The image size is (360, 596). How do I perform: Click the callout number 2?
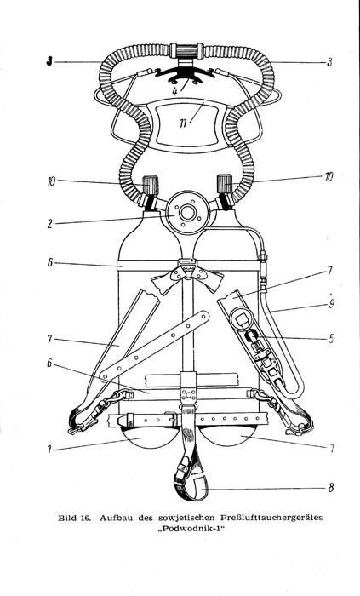coord(49,223)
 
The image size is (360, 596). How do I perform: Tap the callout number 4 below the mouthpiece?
coord(174,91)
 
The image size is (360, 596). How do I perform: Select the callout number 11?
coord(184,124)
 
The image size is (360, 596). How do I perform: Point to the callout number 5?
coord(331,338)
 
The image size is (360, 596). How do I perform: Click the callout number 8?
coord(331,488)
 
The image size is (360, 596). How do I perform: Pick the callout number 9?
coord(332,305)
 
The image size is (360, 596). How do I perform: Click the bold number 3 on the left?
coord(49,61)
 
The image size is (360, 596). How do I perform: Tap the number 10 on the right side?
coord(329,177)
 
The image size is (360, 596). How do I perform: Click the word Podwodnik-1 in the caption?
coord(196,529)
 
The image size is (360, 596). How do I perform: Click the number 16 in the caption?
coord(85,518)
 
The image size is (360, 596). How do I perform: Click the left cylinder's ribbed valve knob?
coord(150,185)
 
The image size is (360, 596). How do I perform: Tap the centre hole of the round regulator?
coord(187,213)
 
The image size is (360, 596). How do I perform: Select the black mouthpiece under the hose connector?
coord(185,75)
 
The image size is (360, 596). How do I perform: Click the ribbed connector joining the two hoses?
coord(187,51)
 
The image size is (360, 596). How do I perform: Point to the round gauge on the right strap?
coord(240,318)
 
